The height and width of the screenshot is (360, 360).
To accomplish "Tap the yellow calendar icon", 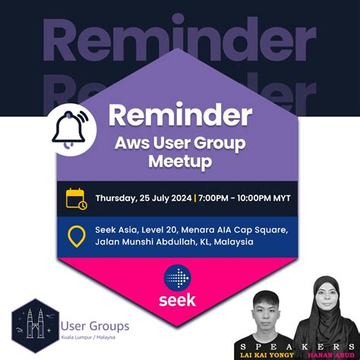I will (x=76, y=199).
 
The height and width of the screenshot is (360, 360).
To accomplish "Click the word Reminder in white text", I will (x=180, y=115).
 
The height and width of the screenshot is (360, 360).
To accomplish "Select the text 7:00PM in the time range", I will (x=216, y=199).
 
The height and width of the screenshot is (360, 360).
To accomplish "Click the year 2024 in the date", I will (x=178, y=199).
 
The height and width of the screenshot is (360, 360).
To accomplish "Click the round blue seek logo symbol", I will (x=179, y=278).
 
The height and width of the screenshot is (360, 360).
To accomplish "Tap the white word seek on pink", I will (x=179, y=299).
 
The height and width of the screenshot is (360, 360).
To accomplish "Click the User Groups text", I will (x=94, y=326).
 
